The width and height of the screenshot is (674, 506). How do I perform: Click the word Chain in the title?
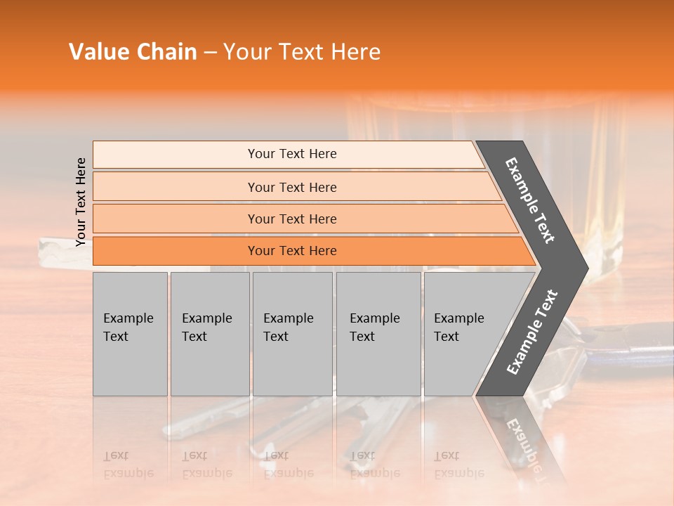(166, 52)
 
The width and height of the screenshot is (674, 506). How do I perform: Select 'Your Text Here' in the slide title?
(302, 52)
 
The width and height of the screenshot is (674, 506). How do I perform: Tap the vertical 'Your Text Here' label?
(81, 202)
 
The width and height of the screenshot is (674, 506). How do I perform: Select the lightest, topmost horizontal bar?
(291, 154)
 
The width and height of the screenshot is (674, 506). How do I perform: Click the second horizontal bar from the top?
(291, 187)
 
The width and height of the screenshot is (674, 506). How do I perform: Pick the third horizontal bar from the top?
(291, 219)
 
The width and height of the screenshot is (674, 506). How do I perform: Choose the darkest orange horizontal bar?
(291, 251)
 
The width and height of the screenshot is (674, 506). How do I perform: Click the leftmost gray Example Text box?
(130, 334)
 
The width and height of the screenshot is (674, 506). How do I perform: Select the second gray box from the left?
(209, 334)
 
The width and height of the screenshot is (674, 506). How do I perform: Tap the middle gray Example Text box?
(292, 334)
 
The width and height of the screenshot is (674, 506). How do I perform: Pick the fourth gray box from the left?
(378, 334)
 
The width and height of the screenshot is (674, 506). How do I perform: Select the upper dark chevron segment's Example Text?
(530, 200)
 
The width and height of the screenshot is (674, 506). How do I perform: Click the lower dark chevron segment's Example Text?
(532, 332)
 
